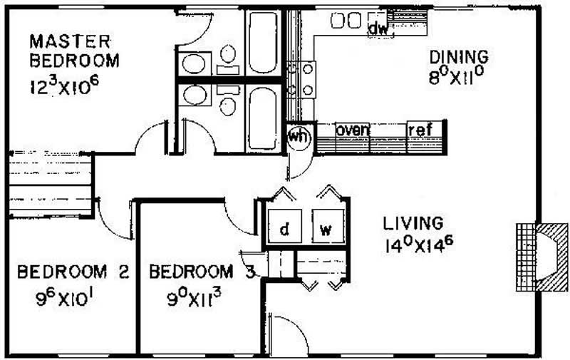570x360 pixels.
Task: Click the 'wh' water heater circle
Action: coord(299,138)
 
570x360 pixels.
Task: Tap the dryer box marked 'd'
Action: coord(284,226)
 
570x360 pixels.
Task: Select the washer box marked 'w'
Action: coord(328,226)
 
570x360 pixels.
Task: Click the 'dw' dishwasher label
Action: coord(378,29)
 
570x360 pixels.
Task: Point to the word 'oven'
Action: coord(353,130)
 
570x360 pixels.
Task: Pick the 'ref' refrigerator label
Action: coord(420,130)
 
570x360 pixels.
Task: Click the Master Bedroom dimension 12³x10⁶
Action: coord(64,86)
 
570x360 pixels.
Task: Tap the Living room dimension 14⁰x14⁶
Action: coord(419,245)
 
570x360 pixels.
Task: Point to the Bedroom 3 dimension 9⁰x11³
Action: coord(194,298)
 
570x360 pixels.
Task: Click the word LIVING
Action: coord(413,223)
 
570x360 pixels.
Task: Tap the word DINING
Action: coord(459,57)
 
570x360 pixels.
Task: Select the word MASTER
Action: coord(70,41)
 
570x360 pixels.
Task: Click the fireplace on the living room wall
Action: coord(541,257)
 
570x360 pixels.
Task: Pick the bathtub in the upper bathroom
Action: coord(263,43)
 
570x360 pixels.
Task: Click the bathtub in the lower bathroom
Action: coord(263,118)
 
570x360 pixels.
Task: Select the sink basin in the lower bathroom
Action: coord(194,95)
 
